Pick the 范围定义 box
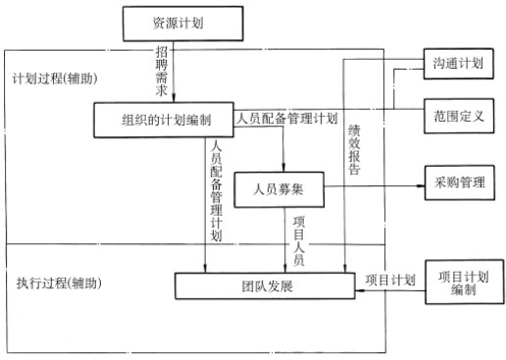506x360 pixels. click(x=458, y=115)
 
